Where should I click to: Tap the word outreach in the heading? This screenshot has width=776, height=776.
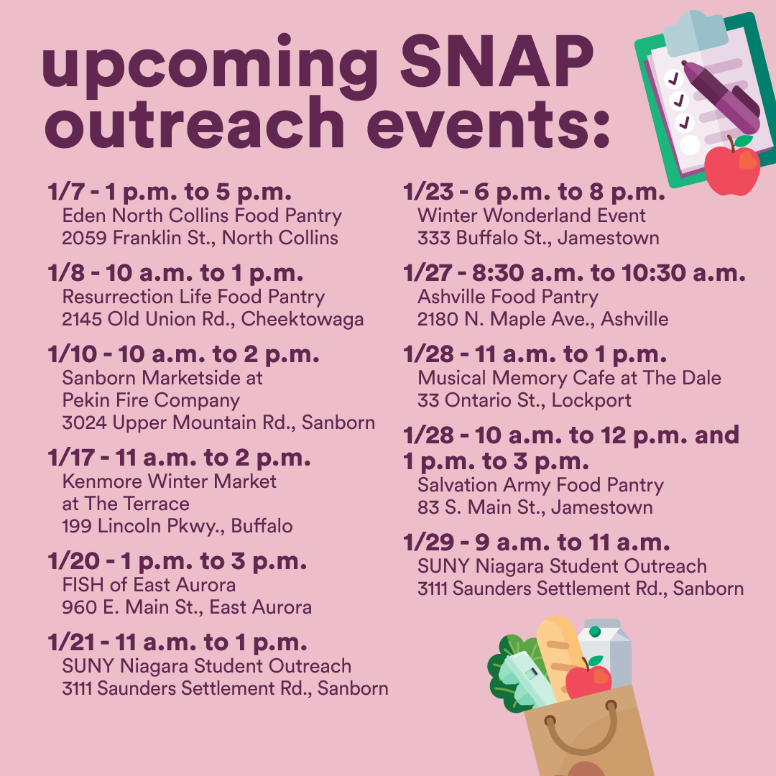pos(195,122)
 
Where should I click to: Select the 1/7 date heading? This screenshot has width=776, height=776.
pos(170,192)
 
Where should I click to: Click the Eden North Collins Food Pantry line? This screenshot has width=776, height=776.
pos(202,216)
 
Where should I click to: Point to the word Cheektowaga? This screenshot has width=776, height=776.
pos(302,320)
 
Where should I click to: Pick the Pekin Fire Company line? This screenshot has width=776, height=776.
pos(151,400)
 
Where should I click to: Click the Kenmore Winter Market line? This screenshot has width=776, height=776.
pos(170,481)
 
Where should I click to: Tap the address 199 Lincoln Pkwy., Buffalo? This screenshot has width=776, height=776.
pos(177,526)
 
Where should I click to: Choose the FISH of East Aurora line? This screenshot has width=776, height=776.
pos(149,585)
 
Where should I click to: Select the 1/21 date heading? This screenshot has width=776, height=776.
pos(177,642)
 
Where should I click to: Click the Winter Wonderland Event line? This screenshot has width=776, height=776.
pos(532,216)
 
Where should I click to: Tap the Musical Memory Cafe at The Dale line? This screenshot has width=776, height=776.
pos(569,378)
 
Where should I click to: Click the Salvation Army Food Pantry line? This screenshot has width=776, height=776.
pos(540,486)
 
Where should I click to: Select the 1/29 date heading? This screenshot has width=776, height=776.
pos(537,543)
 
